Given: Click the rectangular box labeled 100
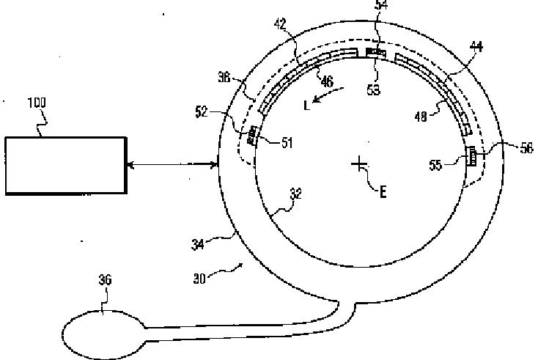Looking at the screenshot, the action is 65,165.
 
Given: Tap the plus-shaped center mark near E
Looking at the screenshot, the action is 358,163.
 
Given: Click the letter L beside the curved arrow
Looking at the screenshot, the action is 306,103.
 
